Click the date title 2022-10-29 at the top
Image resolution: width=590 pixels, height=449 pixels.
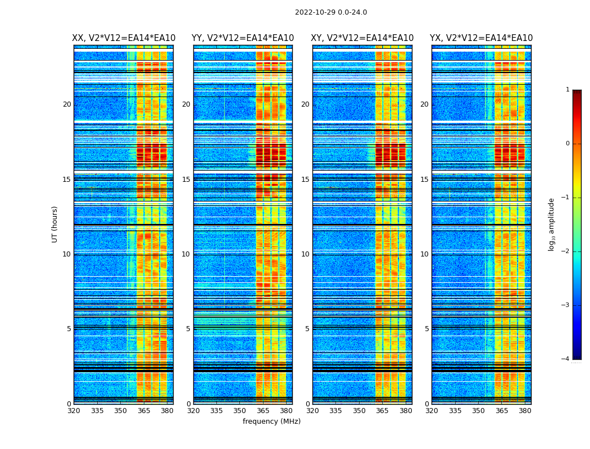click(331, 12)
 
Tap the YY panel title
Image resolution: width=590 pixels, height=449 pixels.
click(243, 38)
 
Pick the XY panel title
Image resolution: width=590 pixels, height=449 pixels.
click(362, 38)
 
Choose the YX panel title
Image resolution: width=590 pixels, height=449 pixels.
click(481, 38)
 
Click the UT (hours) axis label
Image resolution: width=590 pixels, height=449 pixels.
click(55, 224)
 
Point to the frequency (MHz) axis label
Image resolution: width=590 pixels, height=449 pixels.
click(271, 421)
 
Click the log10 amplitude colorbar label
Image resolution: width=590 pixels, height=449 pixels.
click(552, 224)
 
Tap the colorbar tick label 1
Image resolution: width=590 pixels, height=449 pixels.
click(568, 90)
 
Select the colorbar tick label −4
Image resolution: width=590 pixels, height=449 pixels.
click(566, 359)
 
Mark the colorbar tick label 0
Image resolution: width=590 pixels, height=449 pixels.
click(568, 144)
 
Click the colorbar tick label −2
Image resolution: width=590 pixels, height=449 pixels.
click(566, 251)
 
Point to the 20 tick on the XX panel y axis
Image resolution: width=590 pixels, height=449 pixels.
click(67, 104)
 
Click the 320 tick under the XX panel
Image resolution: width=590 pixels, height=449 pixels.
click(74, 411)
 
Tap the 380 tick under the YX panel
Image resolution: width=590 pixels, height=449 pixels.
click(525, 411)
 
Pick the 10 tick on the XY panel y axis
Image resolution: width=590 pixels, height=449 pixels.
click(305, 254)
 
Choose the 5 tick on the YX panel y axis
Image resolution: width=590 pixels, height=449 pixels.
click(427, 329)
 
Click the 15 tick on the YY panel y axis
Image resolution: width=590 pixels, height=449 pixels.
click(186, 180)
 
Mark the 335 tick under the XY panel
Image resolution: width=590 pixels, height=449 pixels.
click(335, 411)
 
